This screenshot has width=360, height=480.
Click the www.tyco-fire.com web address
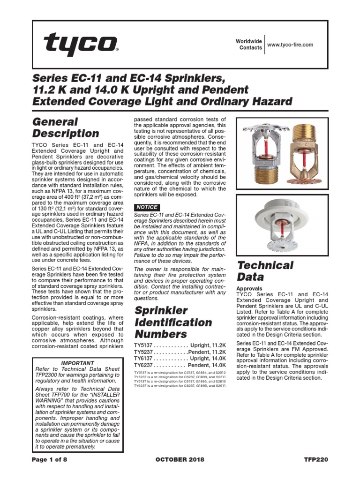(x=289, y=45)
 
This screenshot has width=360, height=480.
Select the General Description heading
(x=66, y=127)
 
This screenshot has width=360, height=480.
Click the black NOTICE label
(x=147, y=207)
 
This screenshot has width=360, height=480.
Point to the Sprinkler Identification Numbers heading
(x=173, y=322)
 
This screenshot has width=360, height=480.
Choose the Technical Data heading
(x=265, y=271)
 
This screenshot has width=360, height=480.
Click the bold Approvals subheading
(x=249, y=288)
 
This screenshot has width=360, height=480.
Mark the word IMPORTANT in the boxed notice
(x=78, y=363)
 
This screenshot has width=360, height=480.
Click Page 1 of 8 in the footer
(x=50, y=460)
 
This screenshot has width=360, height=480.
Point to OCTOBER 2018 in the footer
(x=180, y=460)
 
